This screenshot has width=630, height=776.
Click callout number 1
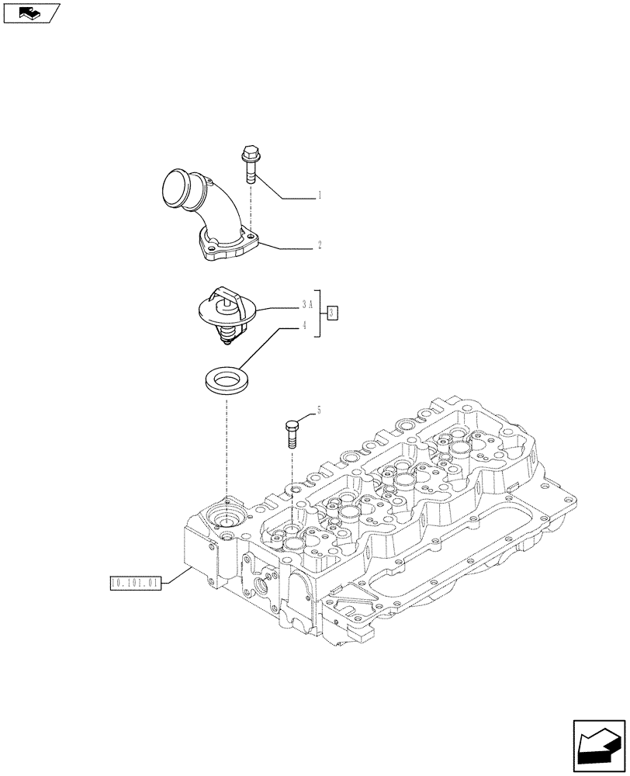319,197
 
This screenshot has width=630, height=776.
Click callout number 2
319,244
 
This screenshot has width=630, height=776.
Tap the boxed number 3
332,313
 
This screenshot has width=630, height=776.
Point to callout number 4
306,327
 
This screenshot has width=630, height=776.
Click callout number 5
317,410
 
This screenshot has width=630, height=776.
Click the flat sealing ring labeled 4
227,382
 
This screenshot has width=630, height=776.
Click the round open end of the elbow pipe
178,190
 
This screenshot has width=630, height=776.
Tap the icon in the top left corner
31,12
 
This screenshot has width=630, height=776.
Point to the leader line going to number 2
287,247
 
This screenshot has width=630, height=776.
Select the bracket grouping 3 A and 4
319,315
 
